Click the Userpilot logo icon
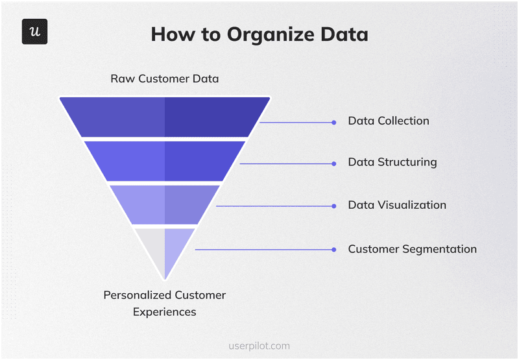click(34, 32)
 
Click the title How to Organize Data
click(259, 34)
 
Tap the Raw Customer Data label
click(164, 79)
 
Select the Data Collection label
click(389, 121)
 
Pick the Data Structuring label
click(392, 162)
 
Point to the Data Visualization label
click(397, 205)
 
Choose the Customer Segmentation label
click(412, 249)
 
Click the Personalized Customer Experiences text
click(165, 303)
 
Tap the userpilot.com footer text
click(259, 346)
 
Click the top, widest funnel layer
click(164, 117)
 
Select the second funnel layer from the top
click(164, 161)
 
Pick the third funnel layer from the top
click(164, 204)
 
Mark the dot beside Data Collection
click(334, 122)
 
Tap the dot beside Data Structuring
click(334, 163)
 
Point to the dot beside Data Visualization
click(334, 206)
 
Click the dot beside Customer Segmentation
click(334, 250)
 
